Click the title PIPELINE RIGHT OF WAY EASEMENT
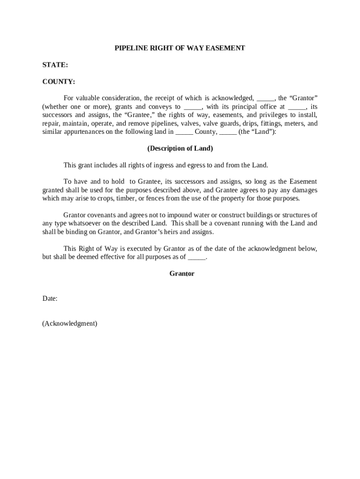coord(180,48)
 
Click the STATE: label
coord(55,65)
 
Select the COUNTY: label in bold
coord(58,82)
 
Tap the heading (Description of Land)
coord(180,149)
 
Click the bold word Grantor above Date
coord(181,274)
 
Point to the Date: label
coord(50,298)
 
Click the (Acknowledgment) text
coord(70,323)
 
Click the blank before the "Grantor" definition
coord(266,99)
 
